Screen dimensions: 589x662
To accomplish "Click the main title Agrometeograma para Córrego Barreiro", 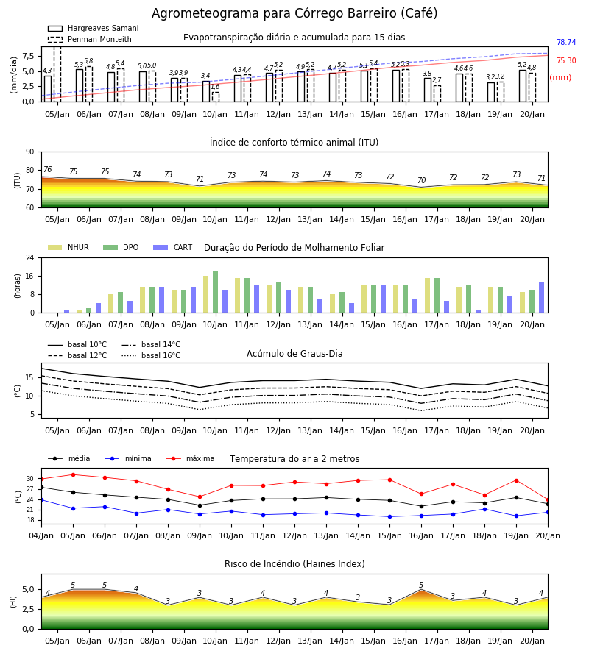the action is pyautogui.click(x=294, y=13).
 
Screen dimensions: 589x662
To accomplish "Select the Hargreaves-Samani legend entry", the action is pyautogui.click(x=94, y=28).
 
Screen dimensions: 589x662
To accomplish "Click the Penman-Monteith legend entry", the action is pyautogui.click(x=90, y=39).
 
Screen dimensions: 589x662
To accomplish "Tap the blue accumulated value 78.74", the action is pyautogui.click(x=566, y=42).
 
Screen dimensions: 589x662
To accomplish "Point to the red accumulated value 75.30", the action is pyautogui.click(x=566, y=60).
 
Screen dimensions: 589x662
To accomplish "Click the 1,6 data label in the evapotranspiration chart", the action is pyautogui.click(x=215, y=87).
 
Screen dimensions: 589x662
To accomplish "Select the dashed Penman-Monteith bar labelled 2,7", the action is pyautogui.click(x=437, y=93).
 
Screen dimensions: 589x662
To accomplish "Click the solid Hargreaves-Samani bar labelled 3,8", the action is pyautogui.click(x=428, y=90).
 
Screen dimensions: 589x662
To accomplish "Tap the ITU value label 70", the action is pyautogui.click(x=421, y=180).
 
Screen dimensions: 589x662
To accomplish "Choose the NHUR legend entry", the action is pyautogui.click(x=68, y=247).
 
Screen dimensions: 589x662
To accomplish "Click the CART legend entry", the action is pyautogui.click(x=173, y=247).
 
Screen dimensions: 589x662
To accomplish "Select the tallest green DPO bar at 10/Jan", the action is pyautogui.click(x=216, y=292).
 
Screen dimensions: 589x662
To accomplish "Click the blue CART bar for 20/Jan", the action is pyautogui.click(x=542, y=298).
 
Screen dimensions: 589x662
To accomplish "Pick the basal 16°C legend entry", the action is pyautogui.click(x=151, y=355).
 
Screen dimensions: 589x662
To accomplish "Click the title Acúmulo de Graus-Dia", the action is pyautogui.click(x=294, y=354).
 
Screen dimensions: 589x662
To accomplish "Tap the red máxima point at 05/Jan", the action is pyautogui.click(x=73, y=474).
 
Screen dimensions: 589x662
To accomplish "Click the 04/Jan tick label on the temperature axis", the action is pyautogui.click(x=41, y=535).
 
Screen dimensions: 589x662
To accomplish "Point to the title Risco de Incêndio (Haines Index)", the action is pyautogui.click(x=294, y=564).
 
